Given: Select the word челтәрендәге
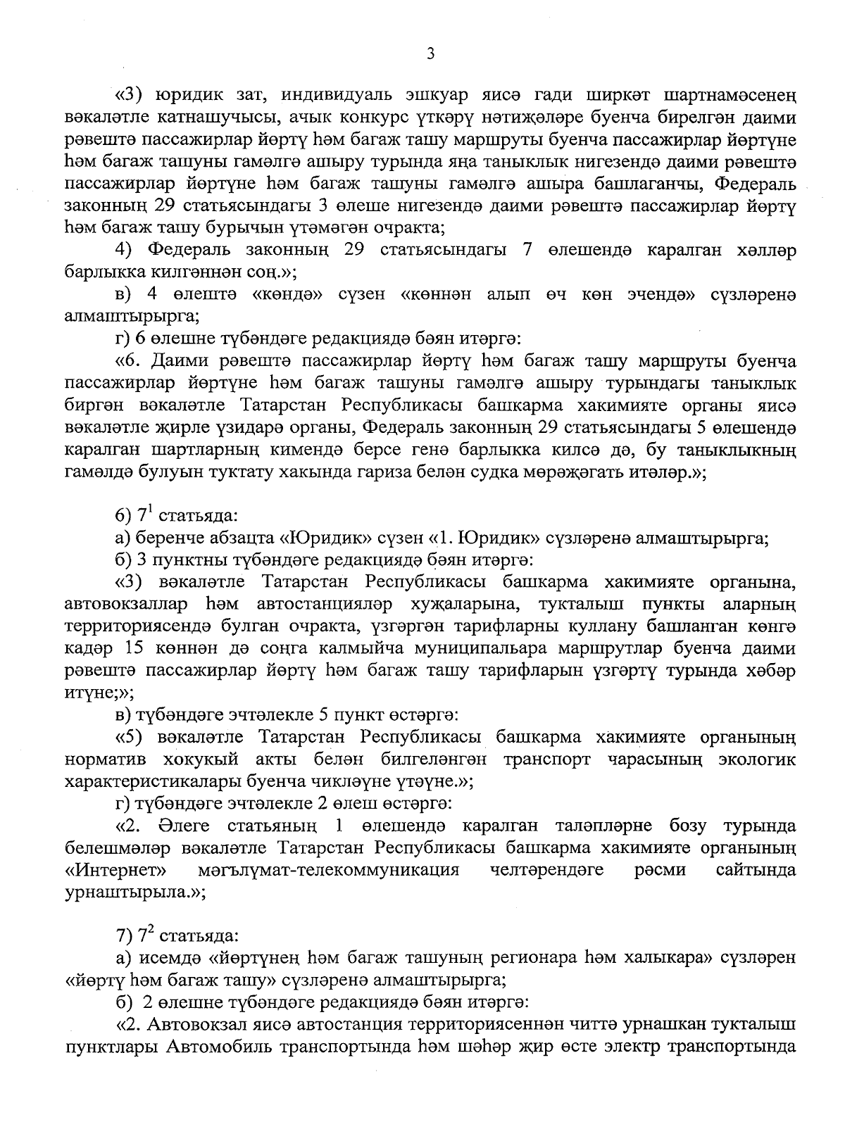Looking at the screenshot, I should point(546,871).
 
